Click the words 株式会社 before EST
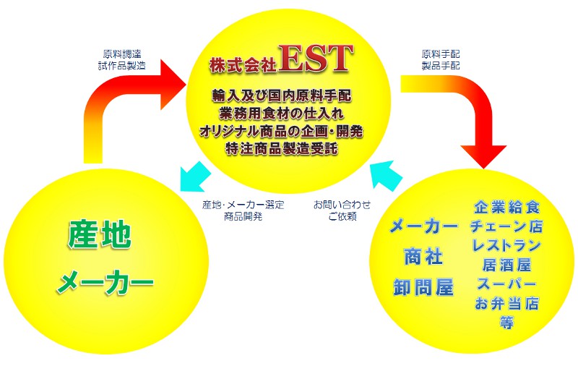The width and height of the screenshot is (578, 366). coord(243,65)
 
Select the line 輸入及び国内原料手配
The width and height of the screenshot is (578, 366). coord(282,96)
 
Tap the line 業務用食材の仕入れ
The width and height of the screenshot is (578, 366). coord(282,114)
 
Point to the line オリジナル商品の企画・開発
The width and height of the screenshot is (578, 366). coord(282,131)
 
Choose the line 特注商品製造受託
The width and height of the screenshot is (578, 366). coord(282,148)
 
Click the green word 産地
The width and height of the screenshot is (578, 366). coord(100,235)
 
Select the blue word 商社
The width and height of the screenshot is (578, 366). coord(423,257)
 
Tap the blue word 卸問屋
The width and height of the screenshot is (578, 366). coord(423,287)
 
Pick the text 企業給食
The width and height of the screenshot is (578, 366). coord(506,208)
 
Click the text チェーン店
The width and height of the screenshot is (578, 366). coord(506,226)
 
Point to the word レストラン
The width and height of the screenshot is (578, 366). coord(506,246)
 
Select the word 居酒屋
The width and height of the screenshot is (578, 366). coord(506,265)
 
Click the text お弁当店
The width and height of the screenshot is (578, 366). coord(506,304)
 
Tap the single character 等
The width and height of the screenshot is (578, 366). coord(506,323)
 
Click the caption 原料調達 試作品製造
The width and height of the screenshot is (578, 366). coord(122,60)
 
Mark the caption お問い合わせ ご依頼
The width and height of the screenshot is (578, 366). coord(342,210)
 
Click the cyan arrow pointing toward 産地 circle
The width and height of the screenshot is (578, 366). coord(195,176)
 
